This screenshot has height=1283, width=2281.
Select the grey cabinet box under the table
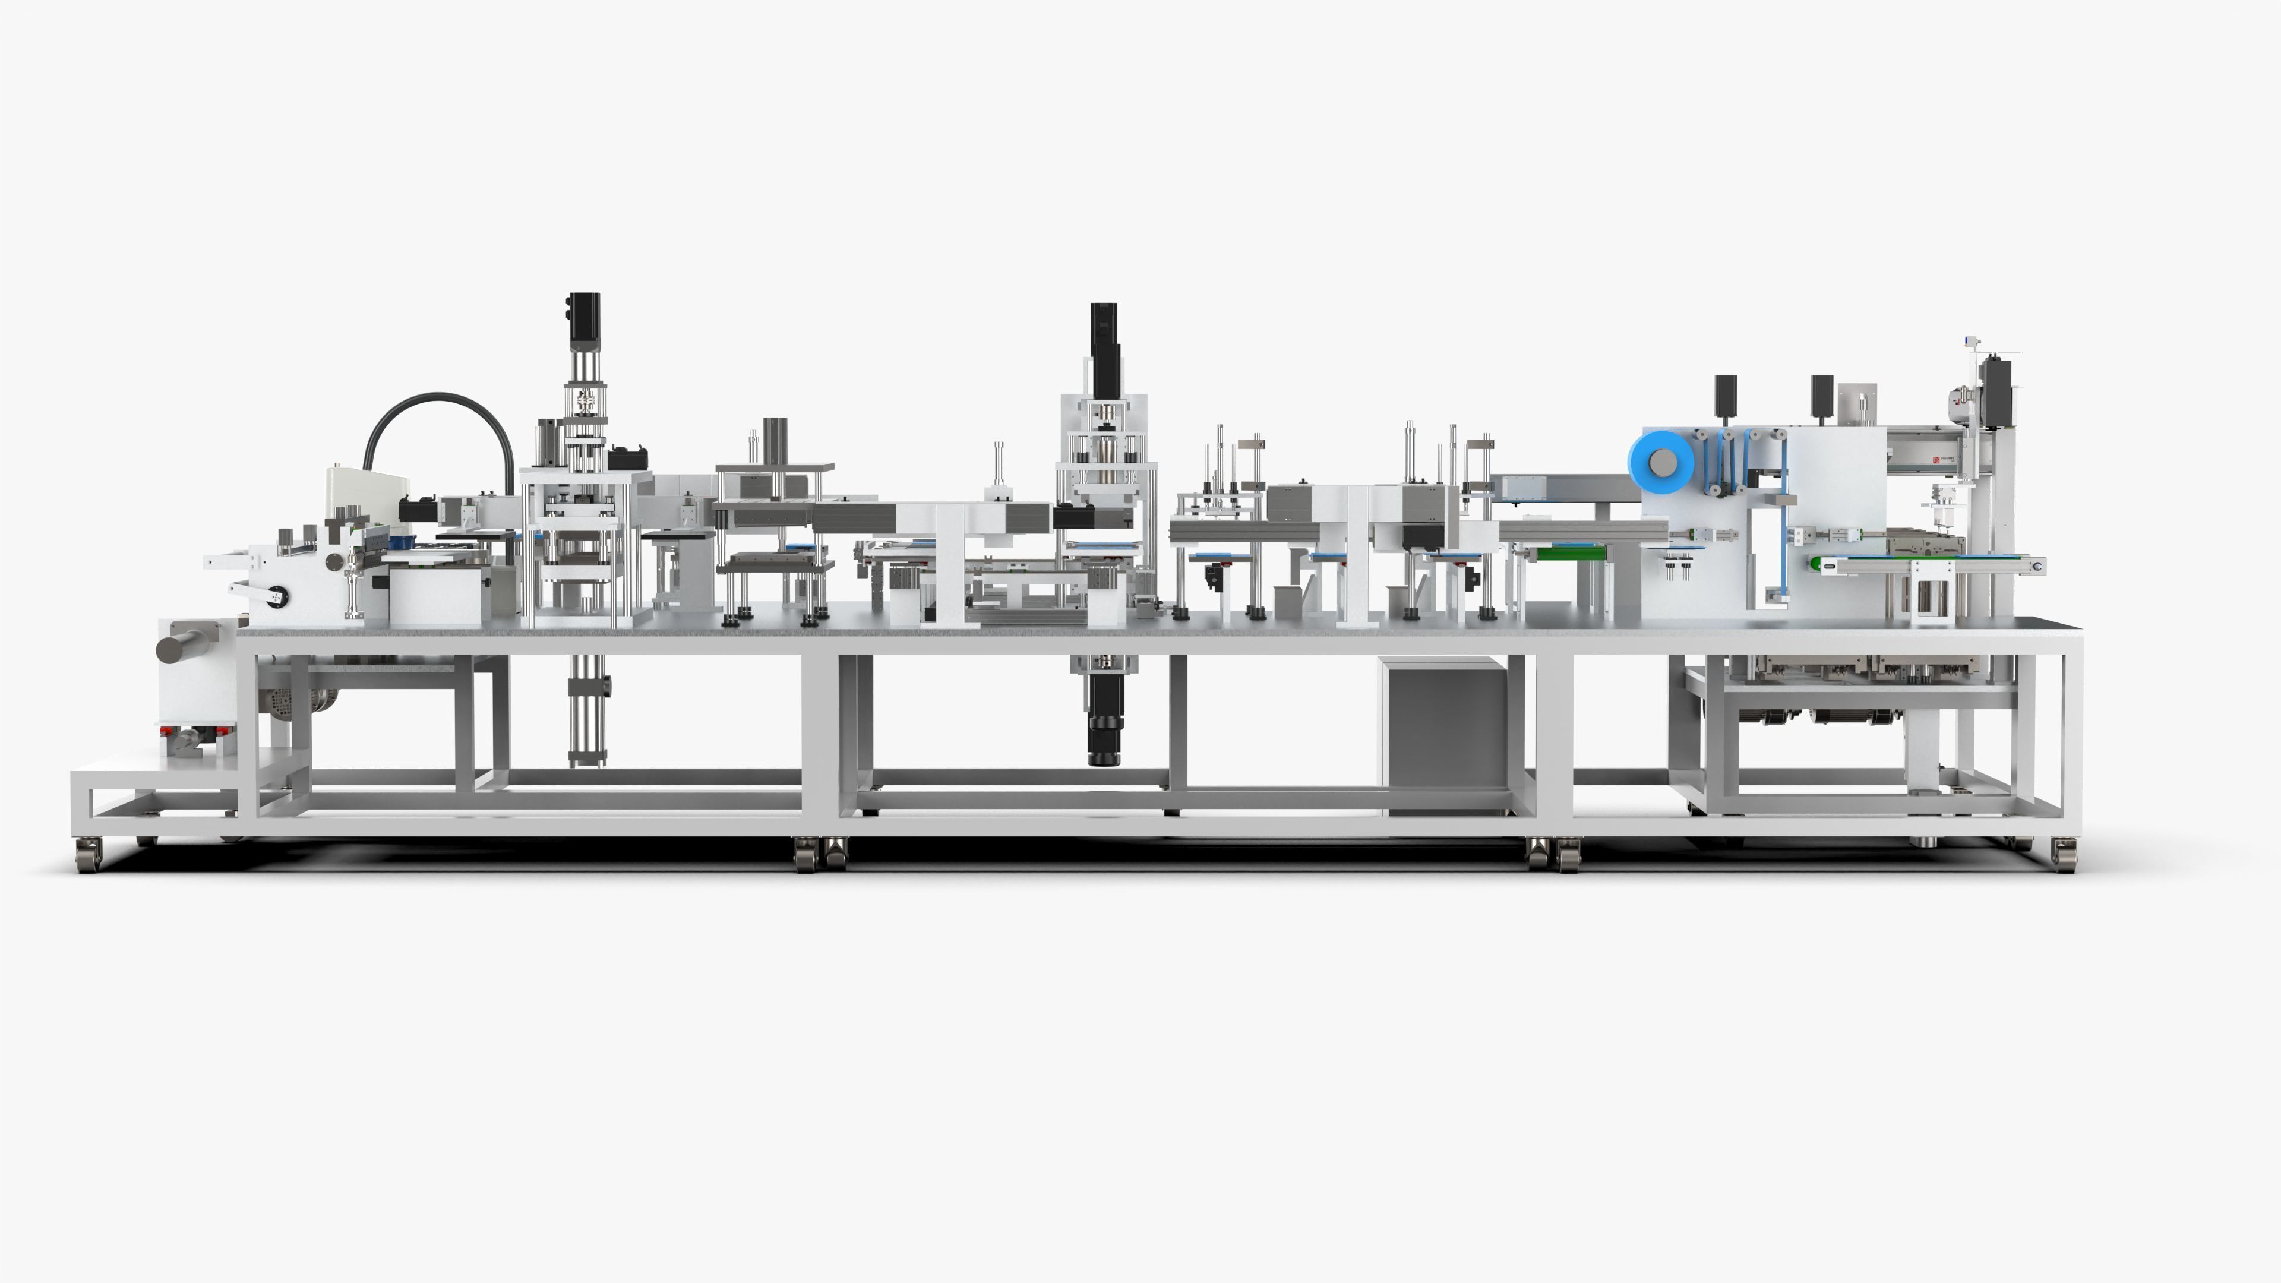point(1444,735)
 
